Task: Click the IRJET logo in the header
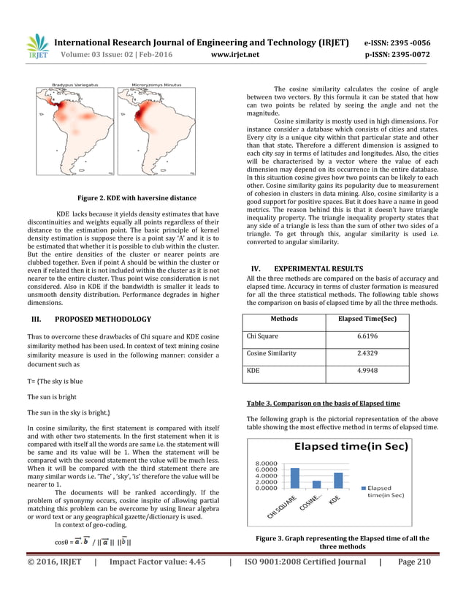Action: click(x=37, y=47)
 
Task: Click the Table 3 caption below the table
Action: click(x=322, y=403)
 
